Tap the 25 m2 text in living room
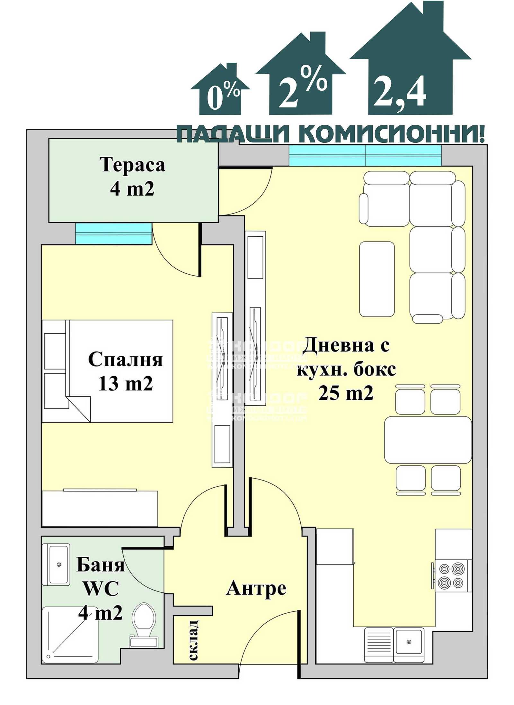point(346,393)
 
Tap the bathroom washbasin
point(58,564)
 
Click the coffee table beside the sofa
point(377,279)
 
